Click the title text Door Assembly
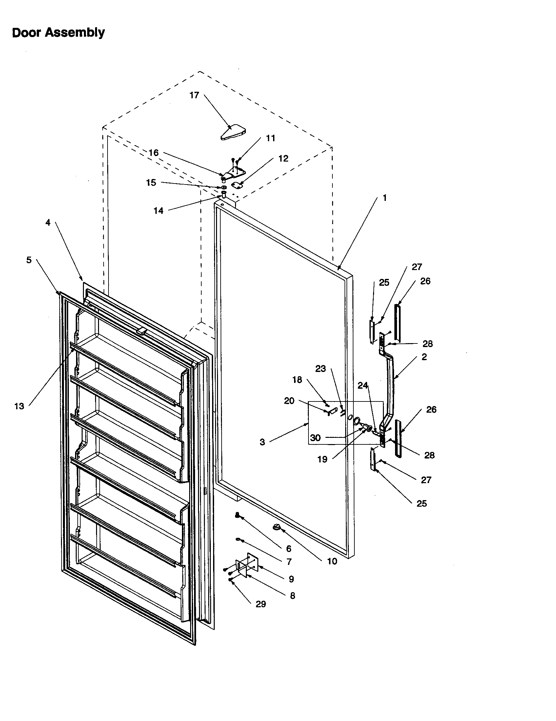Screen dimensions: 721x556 point(58,33)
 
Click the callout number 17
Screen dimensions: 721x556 point(194,95)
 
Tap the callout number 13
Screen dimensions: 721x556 point(19,406)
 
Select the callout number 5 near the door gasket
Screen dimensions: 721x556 point(29,260)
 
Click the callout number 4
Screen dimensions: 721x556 point(48,223)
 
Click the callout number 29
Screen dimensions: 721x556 point(261,604)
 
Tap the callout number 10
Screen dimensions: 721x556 point(332,561)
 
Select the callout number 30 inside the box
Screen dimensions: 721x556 point(315,438)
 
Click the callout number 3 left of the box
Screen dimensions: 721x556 point(262,442)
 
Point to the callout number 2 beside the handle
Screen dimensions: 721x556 point(424,357)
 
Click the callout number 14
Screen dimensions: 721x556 point(158,211)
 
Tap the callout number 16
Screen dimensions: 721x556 point(153,152)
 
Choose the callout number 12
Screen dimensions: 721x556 point(283,159)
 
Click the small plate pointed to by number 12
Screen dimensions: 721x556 point(236,185)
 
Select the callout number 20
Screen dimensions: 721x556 point(289,401)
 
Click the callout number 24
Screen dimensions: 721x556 point(363,385)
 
